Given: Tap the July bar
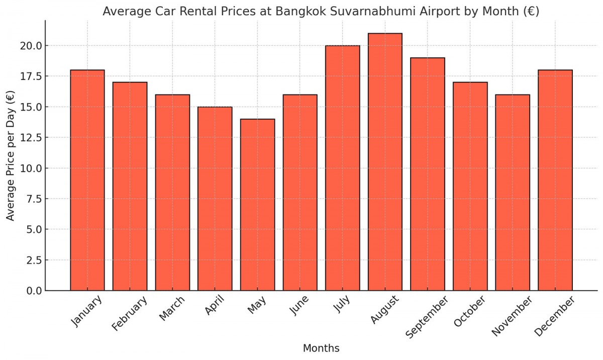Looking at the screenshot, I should pos(343,168).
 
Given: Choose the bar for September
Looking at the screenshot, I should pos(428,174).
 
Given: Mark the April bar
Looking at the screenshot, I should pos(215,199).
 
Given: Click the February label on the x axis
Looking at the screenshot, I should pos(130,314).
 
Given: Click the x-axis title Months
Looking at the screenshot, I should pos(321,348).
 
